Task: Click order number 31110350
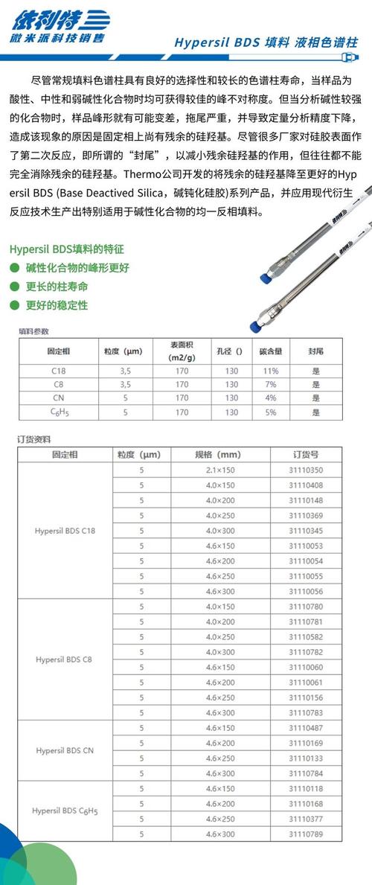[x=306, y=470]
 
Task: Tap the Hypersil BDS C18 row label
[x=65, y=530]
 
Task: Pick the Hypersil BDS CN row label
[x=65, y=750]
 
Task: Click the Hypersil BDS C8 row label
[x=65, y=660]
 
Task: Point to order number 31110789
[x=306, y=834]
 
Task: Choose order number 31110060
[x=306, y=667]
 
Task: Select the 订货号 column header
[x=306, y=454]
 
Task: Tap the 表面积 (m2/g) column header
[x=182, y=351]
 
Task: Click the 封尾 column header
[x=315, y=351]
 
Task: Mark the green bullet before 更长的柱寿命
[x=14, y=286]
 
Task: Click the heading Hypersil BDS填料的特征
[x=67, y=249]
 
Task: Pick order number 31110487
[x=306, y=727]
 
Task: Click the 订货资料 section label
[x=34, y=439]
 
